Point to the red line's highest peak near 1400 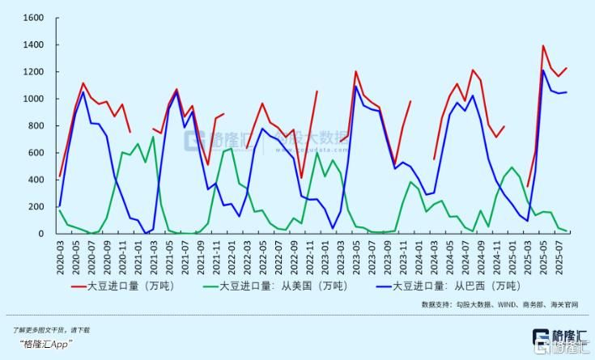click(x=543, y=46)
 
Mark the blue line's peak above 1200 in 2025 click(x=543, y=70)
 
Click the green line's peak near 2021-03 click(x=153, y=137)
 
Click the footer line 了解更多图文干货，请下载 click(x=51, y=330)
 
